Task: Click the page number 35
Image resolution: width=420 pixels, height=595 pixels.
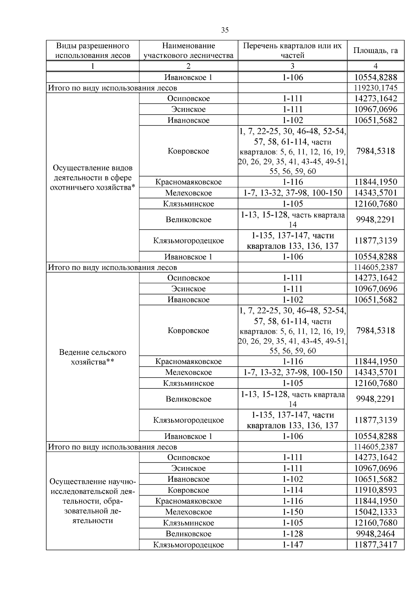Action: coord(225,30)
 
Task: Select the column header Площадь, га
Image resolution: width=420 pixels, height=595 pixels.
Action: coord(376,50)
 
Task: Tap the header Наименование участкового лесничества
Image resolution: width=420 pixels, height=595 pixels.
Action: coord(188,50)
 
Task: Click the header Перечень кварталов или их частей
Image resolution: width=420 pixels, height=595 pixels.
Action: coord(292,50)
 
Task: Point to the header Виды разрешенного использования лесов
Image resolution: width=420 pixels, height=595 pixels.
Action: coord(93,50)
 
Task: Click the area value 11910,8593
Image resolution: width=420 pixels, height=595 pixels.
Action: coord(376,490)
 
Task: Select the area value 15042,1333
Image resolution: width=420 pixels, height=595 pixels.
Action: coord(376,512)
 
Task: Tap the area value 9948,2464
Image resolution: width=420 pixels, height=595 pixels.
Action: coord(376,534)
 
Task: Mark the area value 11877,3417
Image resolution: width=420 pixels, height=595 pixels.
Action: coord(376,545)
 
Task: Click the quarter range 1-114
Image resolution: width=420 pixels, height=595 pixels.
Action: coord(292,490)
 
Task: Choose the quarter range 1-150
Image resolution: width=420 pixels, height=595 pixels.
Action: coord(292,512)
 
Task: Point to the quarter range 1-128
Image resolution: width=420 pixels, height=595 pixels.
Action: coord(292,534)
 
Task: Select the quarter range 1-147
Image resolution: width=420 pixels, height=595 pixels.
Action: coord(292,545)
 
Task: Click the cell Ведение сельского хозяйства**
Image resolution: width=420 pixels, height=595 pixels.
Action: coord(93,357)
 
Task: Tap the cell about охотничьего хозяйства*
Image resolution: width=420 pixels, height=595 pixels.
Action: coord(93,178)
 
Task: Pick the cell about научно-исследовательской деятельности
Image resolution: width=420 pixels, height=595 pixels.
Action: coord(93,501)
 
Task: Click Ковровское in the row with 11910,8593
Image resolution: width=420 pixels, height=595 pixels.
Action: coord(188,490)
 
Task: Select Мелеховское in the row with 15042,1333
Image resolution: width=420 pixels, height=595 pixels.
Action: coord(188,512)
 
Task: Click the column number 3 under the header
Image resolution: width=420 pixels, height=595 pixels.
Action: coord(292,66)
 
